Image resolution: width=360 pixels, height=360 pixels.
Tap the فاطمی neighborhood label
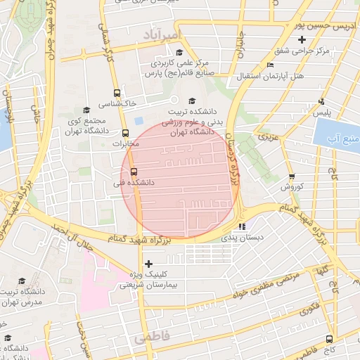148,338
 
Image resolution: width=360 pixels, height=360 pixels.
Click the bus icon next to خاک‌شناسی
117,93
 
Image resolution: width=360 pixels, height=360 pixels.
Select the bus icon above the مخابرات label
125,133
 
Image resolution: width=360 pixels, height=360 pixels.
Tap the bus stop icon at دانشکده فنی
134,172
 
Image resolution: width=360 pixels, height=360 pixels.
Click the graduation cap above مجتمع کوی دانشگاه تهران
86,110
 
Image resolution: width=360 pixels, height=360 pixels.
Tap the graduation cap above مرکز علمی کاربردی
179,53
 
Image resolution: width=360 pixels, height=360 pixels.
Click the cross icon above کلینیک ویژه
147,264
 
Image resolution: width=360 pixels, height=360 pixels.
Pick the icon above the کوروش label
292,176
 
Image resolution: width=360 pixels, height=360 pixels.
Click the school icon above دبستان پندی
243,227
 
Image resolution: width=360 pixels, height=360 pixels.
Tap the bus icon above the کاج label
329,339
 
